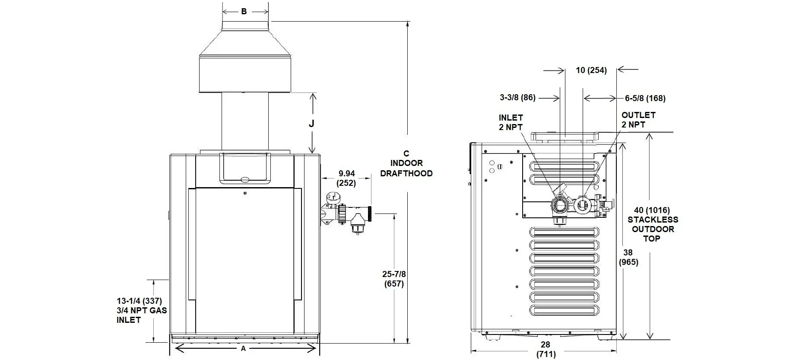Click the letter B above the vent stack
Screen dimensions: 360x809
pos(244,12)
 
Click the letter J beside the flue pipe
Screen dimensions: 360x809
pos(311,124)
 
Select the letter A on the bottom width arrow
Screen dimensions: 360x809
pos(243,348)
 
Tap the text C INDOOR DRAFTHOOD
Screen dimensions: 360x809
pos(406,163)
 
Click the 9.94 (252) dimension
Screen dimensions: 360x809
pos(346,178)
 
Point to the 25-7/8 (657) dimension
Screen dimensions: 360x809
pos(393,279)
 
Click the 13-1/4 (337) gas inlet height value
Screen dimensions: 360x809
pos(139,301)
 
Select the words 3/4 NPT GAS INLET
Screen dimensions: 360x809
pos(141,315)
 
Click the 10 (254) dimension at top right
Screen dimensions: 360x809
pos(591,70)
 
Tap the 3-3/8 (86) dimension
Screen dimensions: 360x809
pos(517,98)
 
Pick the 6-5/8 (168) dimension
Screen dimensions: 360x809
pos(645,99)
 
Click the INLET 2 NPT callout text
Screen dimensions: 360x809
pos(511,122)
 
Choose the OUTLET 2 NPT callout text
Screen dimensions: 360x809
pos(638,120)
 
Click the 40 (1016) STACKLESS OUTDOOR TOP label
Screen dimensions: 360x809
pos(653,224)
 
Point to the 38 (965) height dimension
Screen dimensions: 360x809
pos(628,257)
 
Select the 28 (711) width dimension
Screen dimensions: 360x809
pos(546,349)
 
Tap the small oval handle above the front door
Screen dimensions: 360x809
pos(245,180)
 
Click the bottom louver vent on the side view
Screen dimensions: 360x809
pos(565,310)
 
